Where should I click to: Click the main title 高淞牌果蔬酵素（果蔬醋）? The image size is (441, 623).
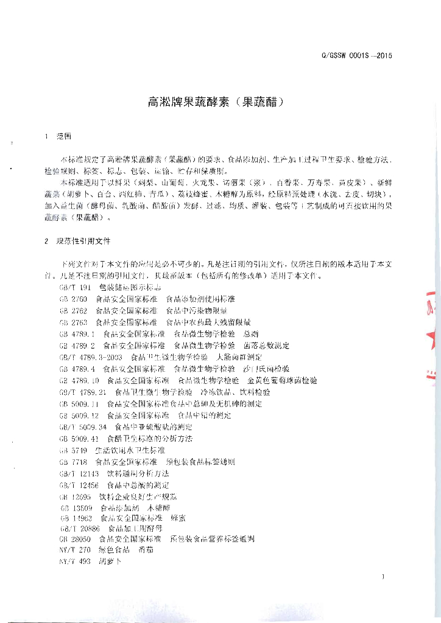pos(216,102)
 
